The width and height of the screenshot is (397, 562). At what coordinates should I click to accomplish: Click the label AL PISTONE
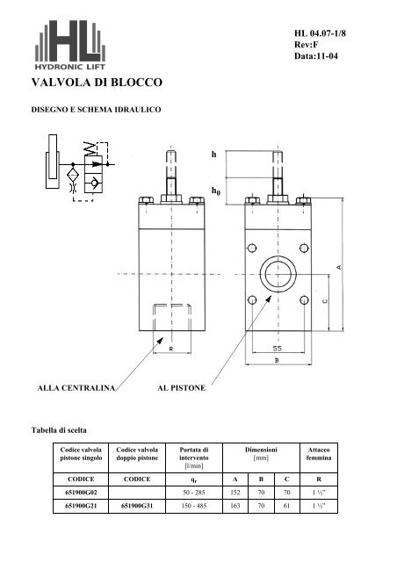click(181, 386)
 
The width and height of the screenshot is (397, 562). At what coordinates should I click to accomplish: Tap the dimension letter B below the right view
click(277, 360)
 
